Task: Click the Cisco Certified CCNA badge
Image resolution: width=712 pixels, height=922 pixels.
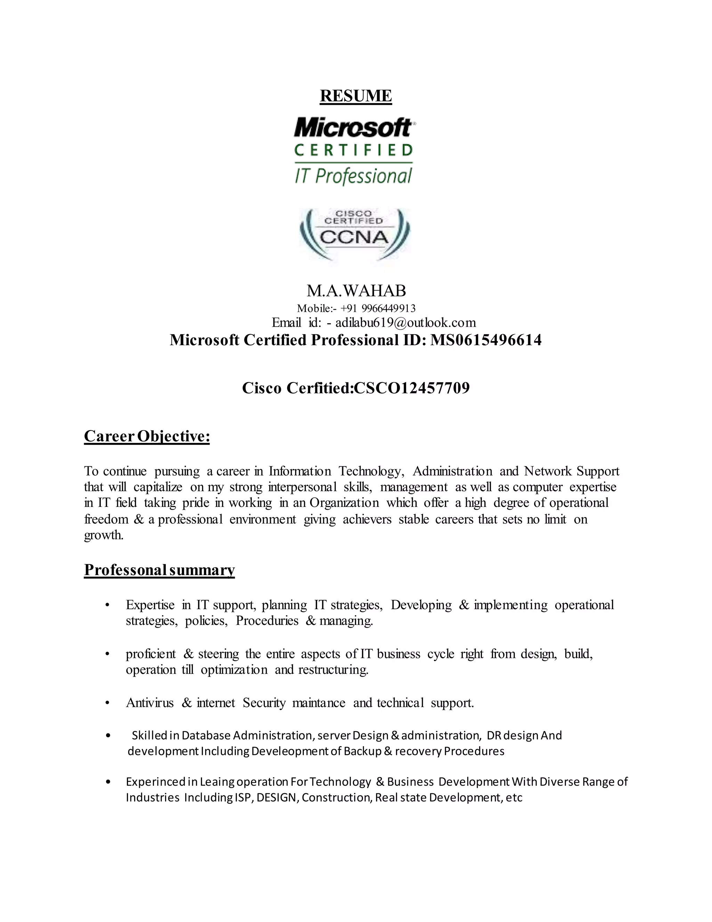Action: point(354,235)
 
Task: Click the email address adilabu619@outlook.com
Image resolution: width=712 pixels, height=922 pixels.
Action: point(405,323)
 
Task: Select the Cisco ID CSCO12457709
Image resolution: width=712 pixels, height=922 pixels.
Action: point(411,388)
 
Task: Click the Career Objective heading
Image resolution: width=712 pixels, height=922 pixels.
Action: point(147,436)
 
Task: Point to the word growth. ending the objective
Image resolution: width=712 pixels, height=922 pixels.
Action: point(104,535)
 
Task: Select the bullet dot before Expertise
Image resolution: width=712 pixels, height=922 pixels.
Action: point(107,605)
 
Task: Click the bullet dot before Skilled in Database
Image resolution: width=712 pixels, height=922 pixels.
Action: point(108,736)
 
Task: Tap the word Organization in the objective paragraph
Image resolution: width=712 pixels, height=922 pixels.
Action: point(344,503)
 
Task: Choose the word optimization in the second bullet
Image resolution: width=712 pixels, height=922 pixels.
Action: point(234,670)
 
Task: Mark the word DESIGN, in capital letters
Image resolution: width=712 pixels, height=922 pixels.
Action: point(276,797)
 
